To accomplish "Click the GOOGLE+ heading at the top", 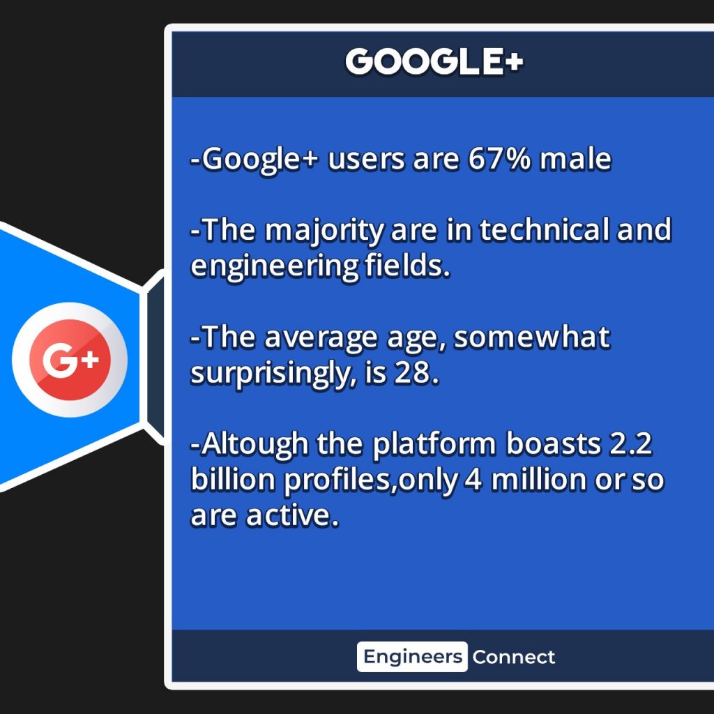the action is pos(434,61).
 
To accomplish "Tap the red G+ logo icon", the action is pos(70,360).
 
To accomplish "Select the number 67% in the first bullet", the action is pos(499,159).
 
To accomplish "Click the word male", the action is pos(575,159).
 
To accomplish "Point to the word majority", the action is pos(325,231).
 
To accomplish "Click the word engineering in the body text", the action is pos(275,267).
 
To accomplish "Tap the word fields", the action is pos(407,266).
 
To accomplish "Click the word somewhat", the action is pos(532,337).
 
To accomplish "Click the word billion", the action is pos(233,480).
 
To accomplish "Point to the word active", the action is pos(293,517).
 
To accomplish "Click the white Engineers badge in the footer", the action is pos(412,657).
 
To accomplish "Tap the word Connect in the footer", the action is pos(514,657).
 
